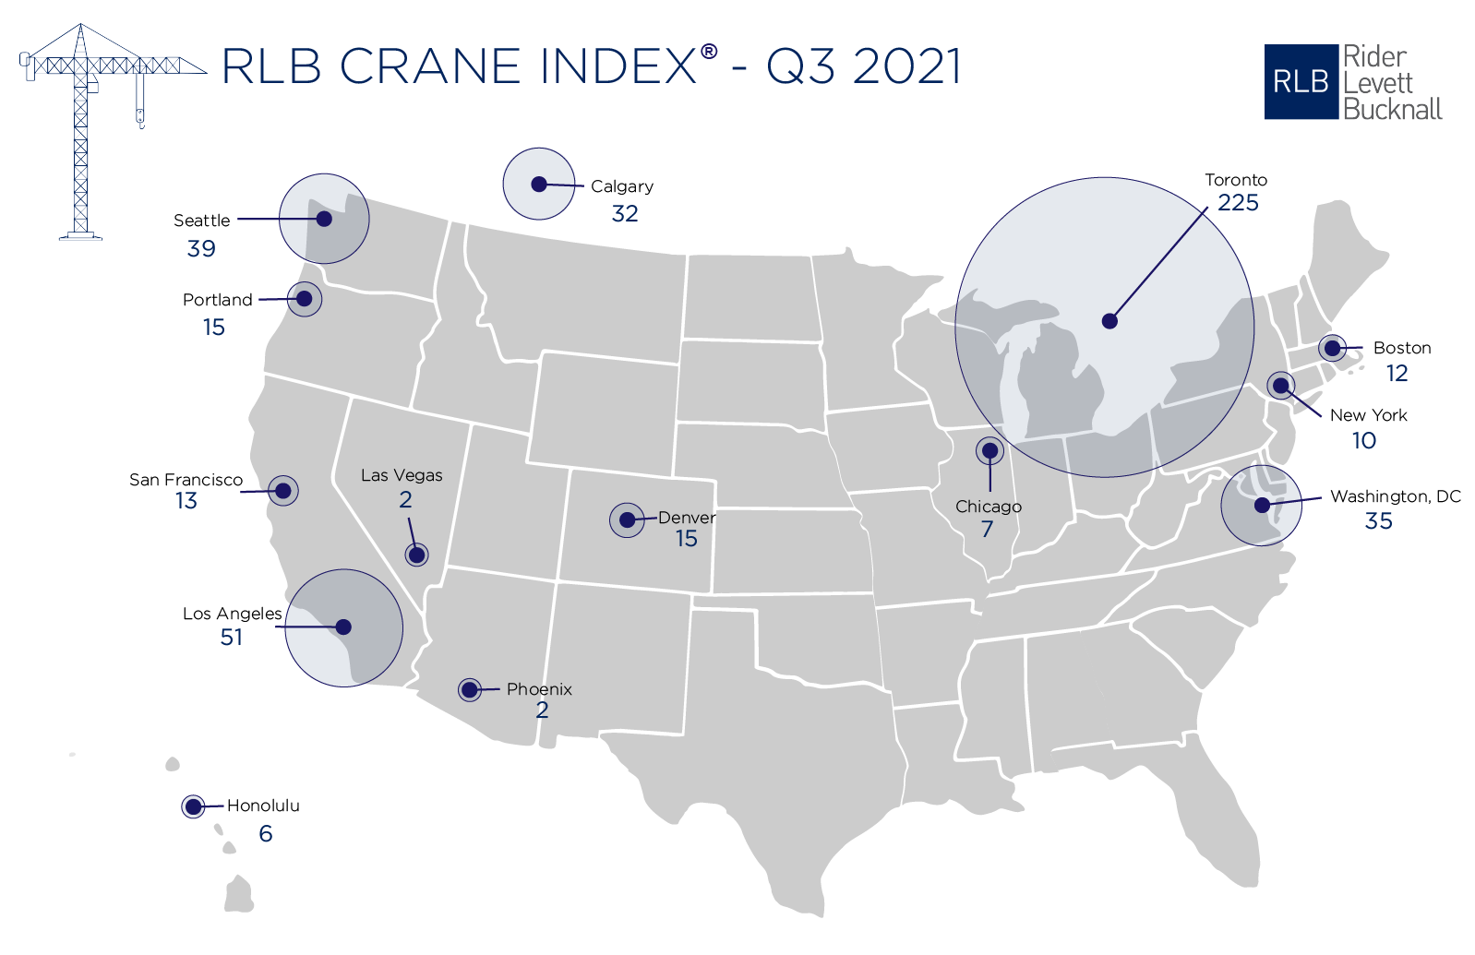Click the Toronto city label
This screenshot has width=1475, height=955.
tap(1235, 180)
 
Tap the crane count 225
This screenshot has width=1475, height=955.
tap(1238, 203)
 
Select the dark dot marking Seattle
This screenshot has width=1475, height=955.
tap(324, 219)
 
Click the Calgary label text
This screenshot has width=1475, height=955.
tap(621, 186)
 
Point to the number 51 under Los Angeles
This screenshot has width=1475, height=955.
tap(232, 638)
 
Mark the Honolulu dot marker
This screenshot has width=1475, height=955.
tap(193, 806)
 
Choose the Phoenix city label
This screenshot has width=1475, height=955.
tap(539, 689)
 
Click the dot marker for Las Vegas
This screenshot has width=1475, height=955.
tap(416, 555)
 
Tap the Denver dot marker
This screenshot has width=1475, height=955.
tap(627, 520)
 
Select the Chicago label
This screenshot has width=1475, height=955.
tap(988, 507)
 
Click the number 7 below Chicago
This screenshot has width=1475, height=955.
tap(987, 530)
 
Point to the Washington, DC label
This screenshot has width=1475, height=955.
tap(1395, 496)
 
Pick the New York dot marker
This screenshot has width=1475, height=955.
tap(1280, 385)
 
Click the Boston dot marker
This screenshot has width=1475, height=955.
tap(1332, 348)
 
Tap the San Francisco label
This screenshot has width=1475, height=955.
tap(186, 480)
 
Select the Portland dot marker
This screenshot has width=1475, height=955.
tap(304, 299)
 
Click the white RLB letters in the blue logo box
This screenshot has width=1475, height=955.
tap(1300, 82)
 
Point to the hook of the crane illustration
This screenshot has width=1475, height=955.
tap(140, 118)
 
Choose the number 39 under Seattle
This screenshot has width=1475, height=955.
tap(201, 248)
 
